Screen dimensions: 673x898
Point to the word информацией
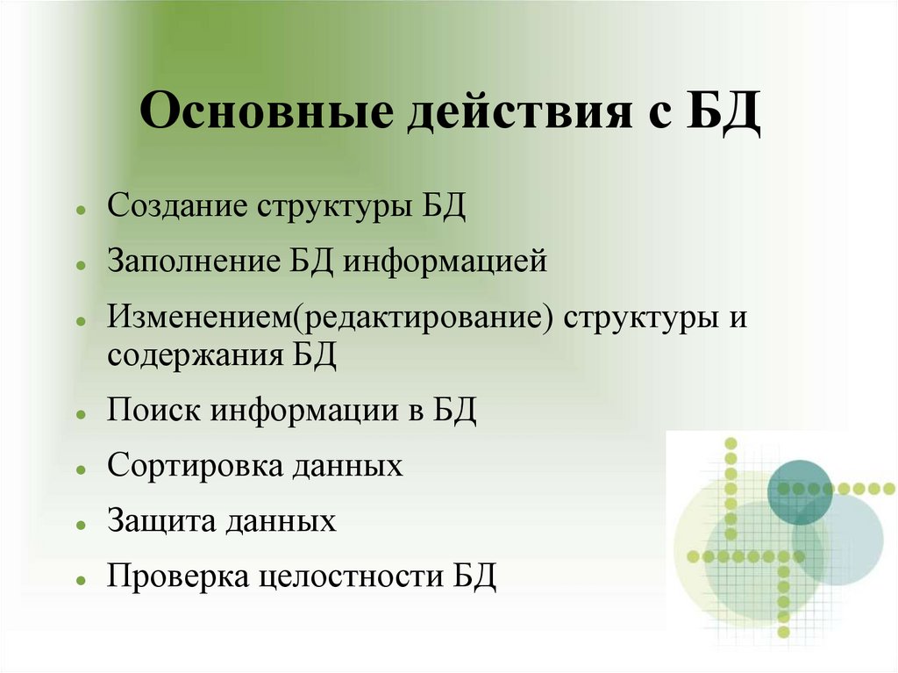(445, 261)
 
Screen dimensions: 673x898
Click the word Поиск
(153, 410)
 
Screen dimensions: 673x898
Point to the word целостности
(353, 576)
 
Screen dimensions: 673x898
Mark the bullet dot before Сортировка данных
(80, 469)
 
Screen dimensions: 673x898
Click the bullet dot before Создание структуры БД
(80, 212)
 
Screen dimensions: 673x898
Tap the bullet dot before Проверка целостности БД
(80, 581)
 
